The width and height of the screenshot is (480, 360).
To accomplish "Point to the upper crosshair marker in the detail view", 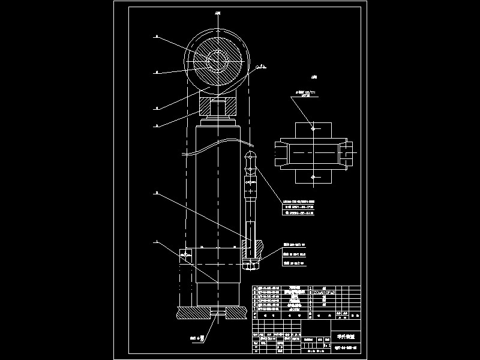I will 313,127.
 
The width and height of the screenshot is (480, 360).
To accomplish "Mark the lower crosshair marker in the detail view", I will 313,178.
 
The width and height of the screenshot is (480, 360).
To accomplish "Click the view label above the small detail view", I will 314,77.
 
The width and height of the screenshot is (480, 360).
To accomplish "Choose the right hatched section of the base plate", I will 239,313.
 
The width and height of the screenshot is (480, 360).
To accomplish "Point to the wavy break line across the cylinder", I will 216,144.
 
